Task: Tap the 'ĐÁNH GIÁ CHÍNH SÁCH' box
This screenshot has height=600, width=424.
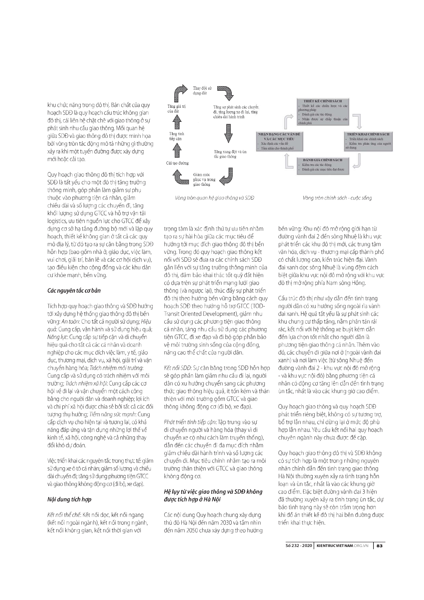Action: coord(323,166)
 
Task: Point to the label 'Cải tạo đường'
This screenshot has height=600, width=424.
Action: coord(177,163)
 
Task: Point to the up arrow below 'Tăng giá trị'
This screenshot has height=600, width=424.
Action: coord(177,122)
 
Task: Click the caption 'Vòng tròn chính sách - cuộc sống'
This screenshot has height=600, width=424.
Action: coord(337,198)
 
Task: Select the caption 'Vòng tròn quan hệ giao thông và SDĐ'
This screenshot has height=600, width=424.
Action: coord(214,198)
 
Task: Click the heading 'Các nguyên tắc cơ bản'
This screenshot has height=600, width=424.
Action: coord(74,290)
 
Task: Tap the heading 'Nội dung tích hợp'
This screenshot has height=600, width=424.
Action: coord(69,499)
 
